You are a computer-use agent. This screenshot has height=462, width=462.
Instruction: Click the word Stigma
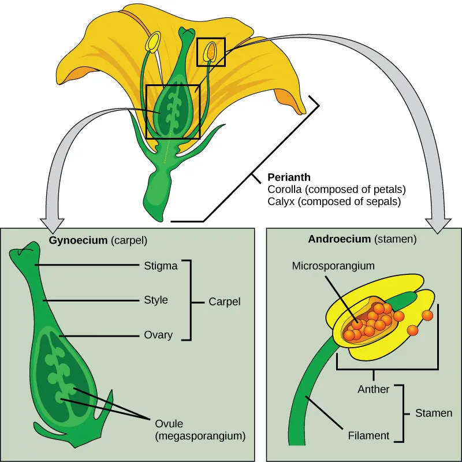pyautogui.click(x=161, y=266)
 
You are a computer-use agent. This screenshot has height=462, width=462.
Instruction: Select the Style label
pyautogui.click(x=156, y=300)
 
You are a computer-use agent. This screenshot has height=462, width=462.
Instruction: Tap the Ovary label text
pyautogui.click(x=158, y=334)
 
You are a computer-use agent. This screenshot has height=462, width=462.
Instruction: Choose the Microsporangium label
pyautogui.click(x=333, y=266)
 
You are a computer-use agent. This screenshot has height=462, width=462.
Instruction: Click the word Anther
pyautogui.click(x=374, y=389)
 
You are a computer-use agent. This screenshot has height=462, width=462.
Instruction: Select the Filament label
pyautogui.click(x=368, y=435)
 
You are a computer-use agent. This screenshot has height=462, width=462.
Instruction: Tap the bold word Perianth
pyautogui.click(x=289, y=177)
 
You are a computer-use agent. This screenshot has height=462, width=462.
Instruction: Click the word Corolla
pyautogui.click(x=284, y=190)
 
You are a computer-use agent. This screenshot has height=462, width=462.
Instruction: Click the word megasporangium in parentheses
pyautogui.click(x=200, y=436)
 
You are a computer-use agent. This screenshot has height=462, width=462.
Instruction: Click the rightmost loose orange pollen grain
pyautogui.click(x=427, y=315)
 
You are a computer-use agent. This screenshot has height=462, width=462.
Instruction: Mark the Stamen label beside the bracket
pyautogui.click(x=433, y=413)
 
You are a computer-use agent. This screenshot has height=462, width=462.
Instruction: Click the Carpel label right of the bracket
pyautogui.click(x=224, y=301)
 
